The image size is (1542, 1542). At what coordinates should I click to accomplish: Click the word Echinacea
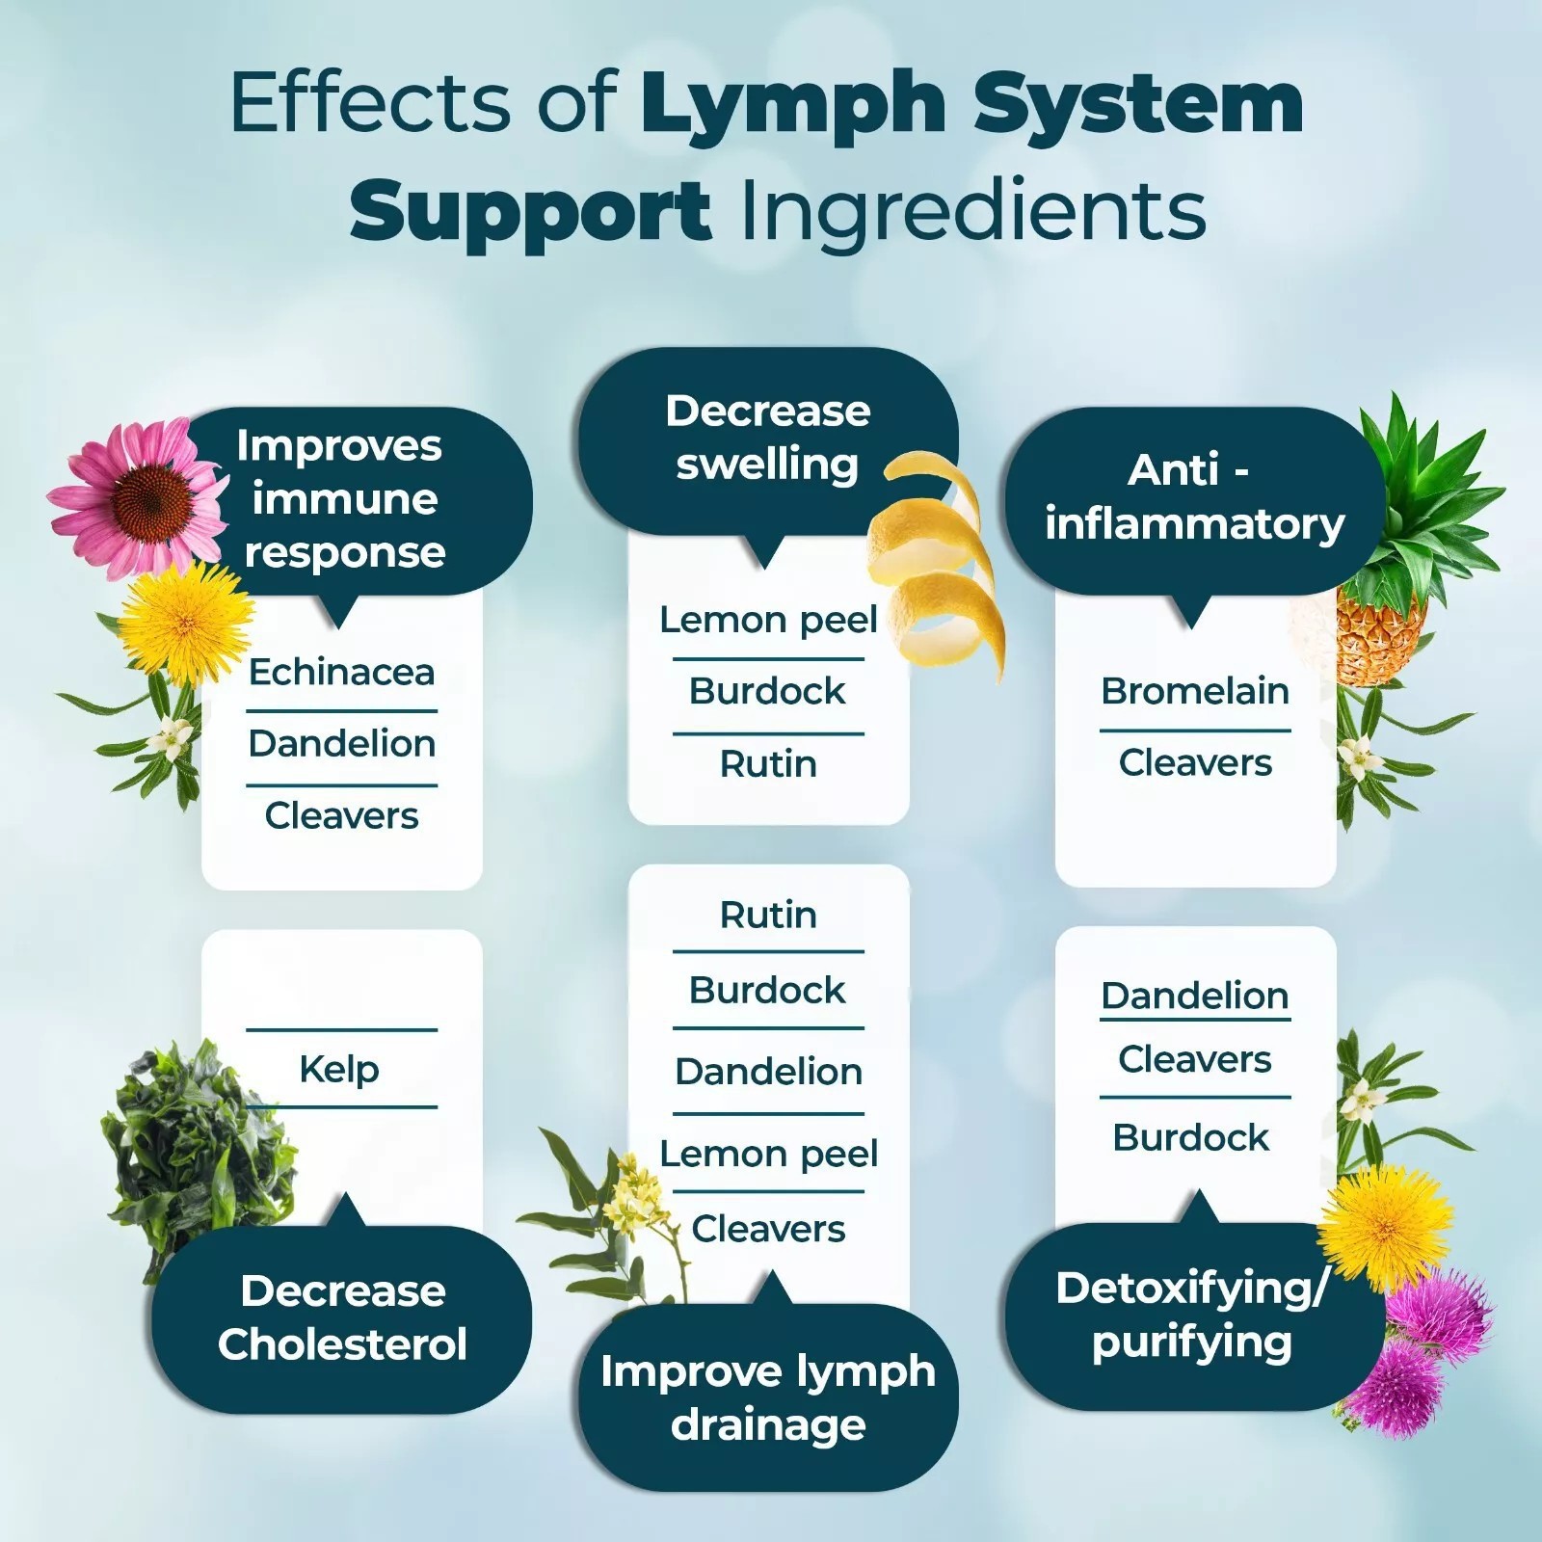341,672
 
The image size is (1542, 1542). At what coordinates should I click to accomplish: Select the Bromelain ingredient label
1194,691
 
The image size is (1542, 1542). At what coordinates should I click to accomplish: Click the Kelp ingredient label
339,1069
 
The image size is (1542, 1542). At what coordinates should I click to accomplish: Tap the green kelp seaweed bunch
193,1147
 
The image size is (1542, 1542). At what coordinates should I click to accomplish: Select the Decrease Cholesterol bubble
342,1317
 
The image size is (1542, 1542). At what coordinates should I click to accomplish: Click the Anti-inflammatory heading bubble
1194,497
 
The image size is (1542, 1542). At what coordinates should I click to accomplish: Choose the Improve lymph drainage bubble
768,1397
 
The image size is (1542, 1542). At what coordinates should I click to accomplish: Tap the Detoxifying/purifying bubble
1192,1316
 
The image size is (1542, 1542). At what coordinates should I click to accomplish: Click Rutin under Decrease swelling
768,764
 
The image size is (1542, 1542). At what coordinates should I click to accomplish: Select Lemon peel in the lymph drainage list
768,1154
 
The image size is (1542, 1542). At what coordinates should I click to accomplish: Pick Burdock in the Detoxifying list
1191,1138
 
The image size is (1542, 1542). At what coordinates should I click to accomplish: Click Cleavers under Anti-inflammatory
1195,763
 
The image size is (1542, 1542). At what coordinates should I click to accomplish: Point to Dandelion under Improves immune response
341,744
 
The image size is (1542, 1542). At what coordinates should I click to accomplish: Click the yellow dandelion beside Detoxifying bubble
1385,1224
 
